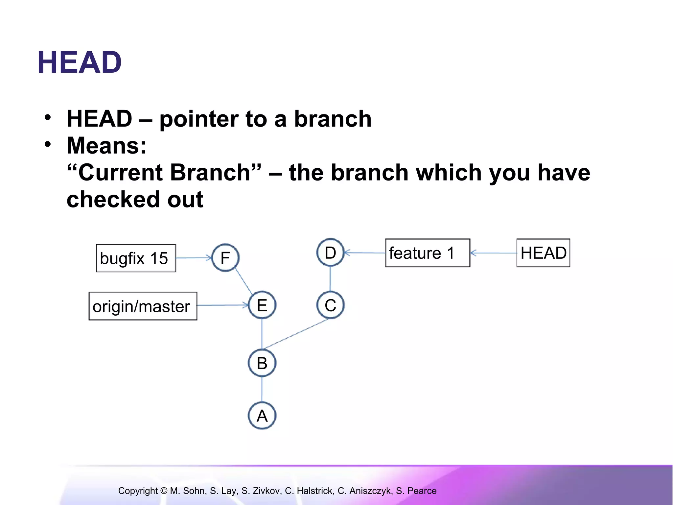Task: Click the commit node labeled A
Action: point(262,416)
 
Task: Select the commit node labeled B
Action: point(262,363)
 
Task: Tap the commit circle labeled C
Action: point(330,305)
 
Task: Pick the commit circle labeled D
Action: point(330,252)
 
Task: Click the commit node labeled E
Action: point(262,305)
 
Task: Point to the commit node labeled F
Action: point(225,258)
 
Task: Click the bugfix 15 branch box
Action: point(136,258)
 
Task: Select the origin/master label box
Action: point(143,306)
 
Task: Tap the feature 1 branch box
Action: point(427,253)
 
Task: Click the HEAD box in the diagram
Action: point(543,253)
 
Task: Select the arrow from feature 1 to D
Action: point(365,252)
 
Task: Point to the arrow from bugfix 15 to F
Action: point(194,258)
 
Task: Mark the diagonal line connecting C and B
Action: point(296,334)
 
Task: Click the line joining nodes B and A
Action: point(262,389)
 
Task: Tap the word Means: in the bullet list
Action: point(106,145)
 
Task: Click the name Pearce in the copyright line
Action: point(422,491)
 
